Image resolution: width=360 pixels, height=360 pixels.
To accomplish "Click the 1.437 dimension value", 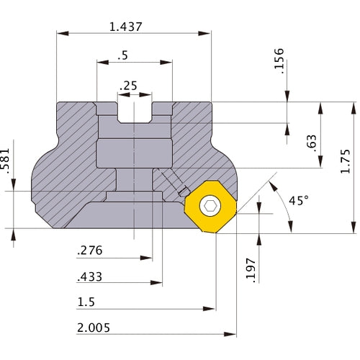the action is click(x=126, y=27).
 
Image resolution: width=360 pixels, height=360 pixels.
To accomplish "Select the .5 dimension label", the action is click(x=123, y=55).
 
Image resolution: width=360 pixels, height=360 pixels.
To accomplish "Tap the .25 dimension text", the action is click(x=128, y=86).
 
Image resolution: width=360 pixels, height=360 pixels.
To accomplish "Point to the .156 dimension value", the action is click(x=279, y=61).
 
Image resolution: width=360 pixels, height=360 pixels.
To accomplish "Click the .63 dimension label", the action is click(x=312, y=143).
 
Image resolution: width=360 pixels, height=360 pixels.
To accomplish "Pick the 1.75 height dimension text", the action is click(x=346, y=161).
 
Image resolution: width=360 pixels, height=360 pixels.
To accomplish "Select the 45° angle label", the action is click(x=299, y=200).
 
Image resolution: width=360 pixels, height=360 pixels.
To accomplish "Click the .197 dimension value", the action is click(x=251, y=271).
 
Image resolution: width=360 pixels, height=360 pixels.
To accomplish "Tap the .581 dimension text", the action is click(x=5, y=161).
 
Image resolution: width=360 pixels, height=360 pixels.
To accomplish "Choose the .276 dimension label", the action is click(x=90, y=251).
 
